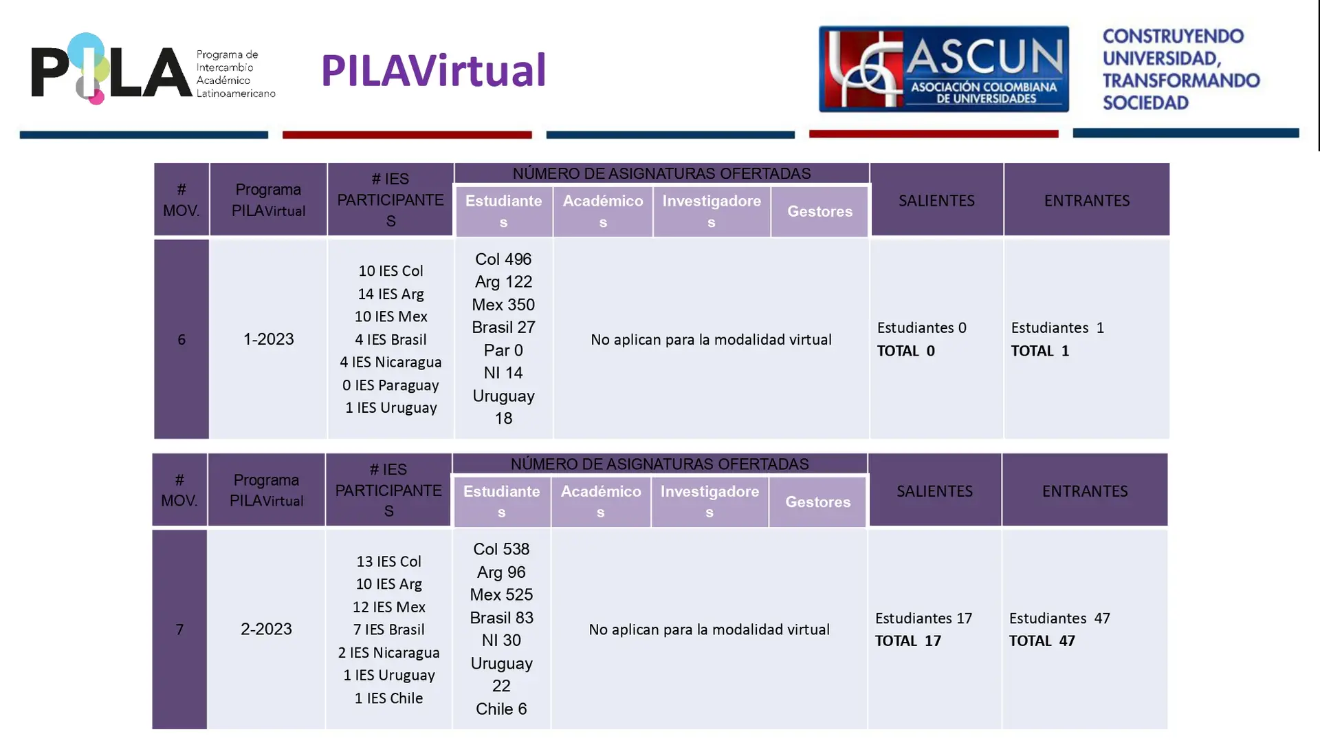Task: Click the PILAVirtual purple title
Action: (433, 70)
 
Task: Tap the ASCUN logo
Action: (943, 69)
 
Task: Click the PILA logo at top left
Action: (153, 69)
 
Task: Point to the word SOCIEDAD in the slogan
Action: (1145, 103)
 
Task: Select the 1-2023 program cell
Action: (268, 339)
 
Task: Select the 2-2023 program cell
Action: (266, 629)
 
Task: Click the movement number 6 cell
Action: (181, 339)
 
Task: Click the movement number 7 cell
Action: (179, 629)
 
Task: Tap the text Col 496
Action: (503, 259)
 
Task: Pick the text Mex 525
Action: (501, 595)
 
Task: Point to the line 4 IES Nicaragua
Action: (390, 363)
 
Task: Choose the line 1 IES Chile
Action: (388, 698)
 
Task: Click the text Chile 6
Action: (501, 709)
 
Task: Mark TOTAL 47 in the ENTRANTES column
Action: (1042, 641)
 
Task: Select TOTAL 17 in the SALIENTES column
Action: (907, 641)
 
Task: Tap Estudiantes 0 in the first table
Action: (921, 328)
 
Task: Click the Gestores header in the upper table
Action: (819, 211)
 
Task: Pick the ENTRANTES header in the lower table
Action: (1085, 491)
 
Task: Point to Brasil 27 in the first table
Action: (503, 327)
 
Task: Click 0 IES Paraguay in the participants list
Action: (390, 385)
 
